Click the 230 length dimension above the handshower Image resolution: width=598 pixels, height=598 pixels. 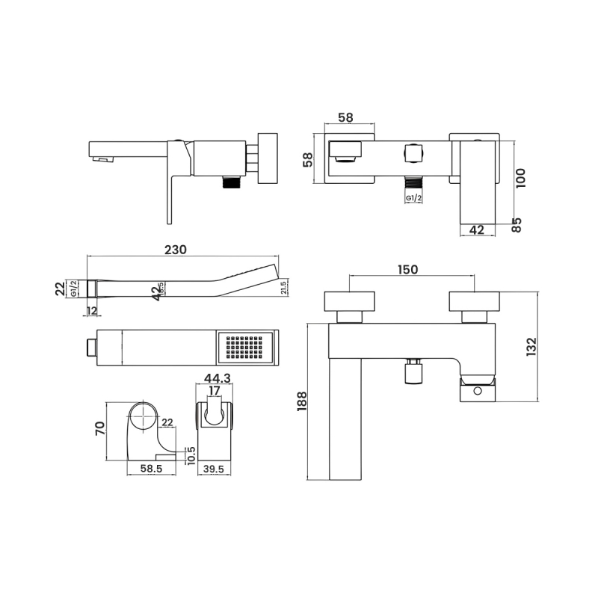point(175,250)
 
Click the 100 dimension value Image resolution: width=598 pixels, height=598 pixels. point(521,178)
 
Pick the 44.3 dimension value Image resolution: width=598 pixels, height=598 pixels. point(215,380)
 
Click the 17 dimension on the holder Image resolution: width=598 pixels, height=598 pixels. point(215,391)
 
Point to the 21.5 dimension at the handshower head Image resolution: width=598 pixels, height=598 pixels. point(284,287)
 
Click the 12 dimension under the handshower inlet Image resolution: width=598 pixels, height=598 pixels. point(91,310)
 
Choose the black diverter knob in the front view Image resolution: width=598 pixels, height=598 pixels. point(412,373)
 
